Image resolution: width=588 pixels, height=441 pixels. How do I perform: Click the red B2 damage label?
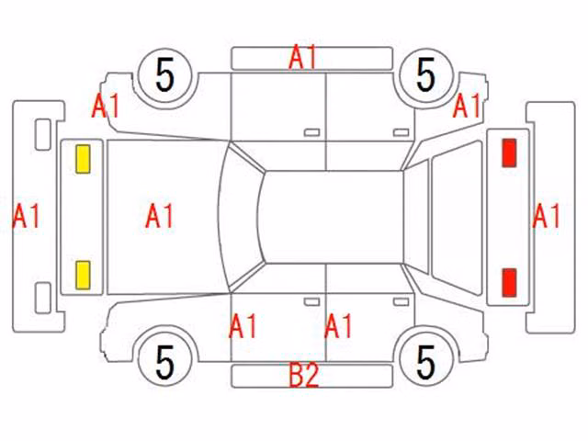[304, 375]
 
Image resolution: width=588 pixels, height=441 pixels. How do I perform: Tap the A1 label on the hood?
[159, 216]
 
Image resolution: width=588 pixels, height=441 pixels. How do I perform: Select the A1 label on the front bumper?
[26, 216]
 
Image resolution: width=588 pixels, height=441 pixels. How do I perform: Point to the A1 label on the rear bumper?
[546, 216]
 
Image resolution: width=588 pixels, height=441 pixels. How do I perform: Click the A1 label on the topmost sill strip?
[303, 57]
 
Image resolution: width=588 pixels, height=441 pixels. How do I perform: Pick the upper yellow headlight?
[83, 159]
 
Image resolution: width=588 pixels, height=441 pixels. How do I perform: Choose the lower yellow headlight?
[83, 276]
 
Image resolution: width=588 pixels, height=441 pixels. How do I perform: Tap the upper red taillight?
[509, 153]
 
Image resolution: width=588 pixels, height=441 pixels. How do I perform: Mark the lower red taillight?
[509, 282]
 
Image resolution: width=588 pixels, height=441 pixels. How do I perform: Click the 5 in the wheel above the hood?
[165, 75]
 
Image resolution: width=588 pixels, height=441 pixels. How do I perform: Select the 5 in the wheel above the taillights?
[426, 75]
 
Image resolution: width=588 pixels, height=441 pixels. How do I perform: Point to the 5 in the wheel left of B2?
[165, 362]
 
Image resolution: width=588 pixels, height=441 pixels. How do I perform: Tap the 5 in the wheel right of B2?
[426, 362]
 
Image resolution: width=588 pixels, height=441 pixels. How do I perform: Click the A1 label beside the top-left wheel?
[106, 106]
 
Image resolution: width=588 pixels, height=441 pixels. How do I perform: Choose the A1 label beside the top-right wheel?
[467, 106]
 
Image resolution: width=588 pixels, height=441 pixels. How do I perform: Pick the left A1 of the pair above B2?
[243, 326]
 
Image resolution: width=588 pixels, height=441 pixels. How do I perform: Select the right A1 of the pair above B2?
[338, 326]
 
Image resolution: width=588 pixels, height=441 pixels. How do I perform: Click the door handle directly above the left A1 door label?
[312, 302]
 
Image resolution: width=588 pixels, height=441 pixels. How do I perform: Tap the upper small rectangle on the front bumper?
[43, 135]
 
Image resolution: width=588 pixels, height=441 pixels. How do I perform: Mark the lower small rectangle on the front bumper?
[43, 298]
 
